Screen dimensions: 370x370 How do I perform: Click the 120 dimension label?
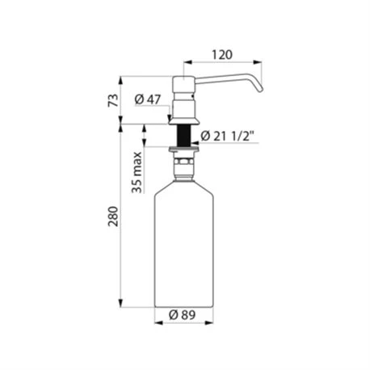(222, 55)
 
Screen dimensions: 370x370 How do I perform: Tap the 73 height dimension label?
(113, 100)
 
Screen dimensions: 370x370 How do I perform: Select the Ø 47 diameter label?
(148, 99)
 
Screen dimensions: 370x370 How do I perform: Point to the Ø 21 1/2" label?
(227, 137)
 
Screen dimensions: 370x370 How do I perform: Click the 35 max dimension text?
(137, 172)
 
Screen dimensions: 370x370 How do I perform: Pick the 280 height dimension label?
(113, 217)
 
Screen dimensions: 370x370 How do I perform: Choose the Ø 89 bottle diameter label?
(183, 314)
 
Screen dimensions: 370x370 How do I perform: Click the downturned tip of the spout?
(259, 89)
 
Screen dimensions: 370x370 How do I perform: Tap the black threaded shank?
(184, 135)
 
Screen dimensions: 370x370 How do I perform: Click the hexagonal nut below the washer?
(183, 162)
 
